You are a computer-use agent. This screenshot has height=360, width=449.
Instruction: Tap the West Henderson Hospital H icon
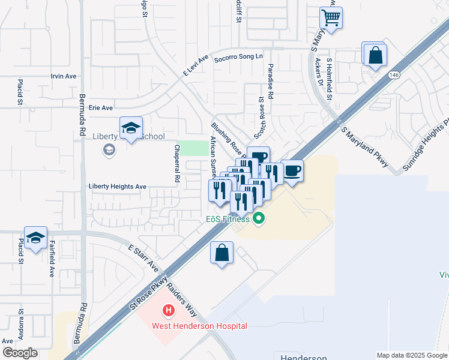click(x=169, y=311)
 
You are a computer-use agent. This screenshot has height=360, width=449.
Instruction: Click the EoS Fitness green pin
click(x=259, y=218)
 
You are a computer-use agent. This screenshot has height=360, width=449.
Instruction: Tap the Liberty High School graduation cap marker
click(x=131, y=128)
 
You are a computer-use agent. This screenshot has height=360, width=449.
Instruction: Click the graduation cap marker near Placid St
click(x=35, y=238)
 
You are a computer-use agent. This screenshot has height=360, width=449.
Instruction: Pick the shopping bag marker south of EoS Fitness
click(x=221, y=252)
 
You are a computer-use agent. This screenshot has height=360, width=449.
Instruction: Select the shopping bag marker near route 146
click(x=375, y=55)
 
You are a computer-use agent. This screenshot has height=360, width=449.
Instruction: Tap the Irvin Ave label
click(x=64, y=76)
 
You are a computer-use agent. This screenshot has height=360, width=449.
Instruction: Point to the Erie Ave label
click(x=100, y=108)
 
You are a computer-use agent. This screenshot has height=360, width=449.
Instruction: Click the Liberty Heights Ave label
click(x=117, y=187)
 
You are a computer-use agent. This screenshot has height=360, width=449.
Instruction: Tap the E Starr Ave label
click(x=143, y=257)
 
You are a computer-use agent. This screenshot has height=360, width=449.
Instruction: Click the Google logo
click(x=20, y=352)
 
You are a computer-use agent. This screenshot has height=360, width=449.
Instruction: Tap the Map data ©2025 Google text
click(x=411, y=355)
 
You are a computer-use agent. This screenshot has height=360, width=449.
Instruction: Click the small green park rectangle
click(x=193, y=148)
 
